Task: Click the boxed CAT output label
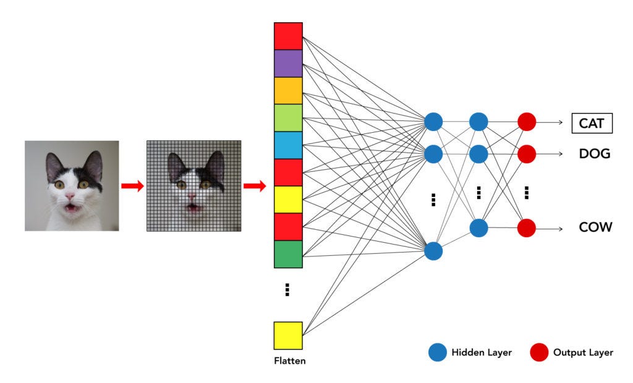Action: coord(592,124)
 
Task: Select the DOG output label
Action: coord(594,153)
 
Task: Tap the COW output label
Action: coord(595,227)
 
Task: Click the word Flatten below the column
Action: coord(289,361)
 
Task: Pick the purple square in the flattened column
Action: coord(288,63)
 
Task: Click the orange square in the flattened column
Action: coord(288,90)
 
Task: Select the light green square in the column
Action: coord(288,117)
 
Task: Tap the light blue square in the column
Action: coord(288,145)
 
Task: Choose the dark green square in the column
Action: coord(288,253)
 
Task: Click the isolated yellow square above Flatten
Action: coord(288,335)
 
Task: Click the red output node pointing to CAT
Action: coord(526,122)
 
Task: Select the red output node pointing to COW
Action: coord(526,228)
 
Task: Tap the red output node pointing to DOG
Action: coord(526,153)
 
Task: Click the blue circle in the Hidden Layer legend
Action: coord(437,353)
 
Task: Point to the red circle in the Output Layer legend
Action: coord(538,353)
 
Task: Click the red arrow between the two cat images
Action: coord(132,186)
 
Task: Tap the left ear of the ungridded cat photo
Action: coord(54,164)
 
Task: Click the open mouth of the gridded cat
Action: coord(193,206)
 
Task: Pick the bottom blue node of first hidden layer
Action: coord(433,251)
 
